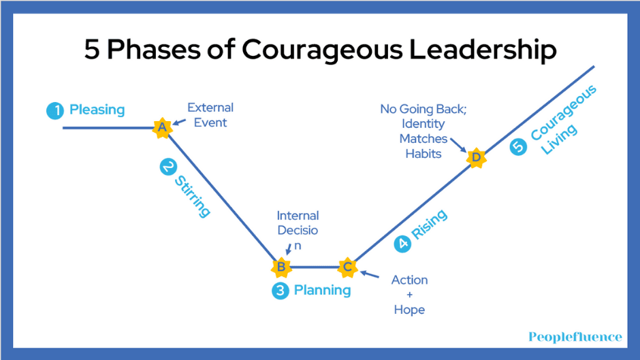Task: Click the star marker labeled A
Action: click(162, 128)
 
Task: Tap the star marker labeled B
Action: click(281, 267)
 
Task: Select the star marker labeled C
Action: click(347, 267)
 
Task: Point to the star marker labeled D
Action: click(477, 158)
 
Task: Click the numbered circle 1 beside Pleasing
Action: click(55, 111)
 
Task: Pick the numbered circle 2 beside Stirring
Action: click(168, 167)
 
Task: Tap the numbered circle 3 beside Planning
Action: click(281, 291)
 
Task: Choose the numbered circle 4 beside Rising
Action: click(402, 244)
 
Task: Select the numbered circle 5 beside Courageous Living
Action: click(518, 147)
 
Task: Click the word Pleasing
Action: click(97, 110)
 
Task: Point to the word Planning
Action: click(323, 291)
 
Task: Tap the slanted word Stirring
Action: click(193, 196)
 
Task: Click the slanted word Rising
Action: click(430, 224)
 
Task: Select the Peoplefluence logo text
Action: click(575, 337)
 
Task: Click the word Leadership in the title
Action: click(483, 50)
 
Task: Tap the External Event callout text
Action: click(210, 115)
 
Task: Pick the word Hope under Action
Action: click(409, 310)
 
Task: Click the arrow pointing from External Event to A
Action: click(179, 122)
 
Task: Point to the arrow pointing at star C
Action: click(370, 274)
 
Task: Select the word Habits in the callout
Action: click(423, 154)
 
